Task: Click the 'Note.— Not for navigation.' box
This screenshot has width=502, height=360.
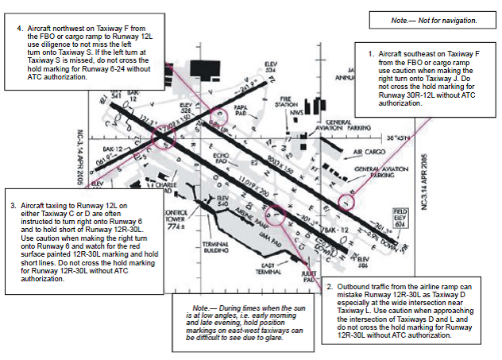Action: [434, 19]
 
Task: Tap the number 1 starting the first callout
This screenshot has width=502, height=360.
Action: [370, 53]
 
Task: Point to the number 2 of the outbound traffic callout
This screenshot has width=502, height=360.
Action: [330, 285]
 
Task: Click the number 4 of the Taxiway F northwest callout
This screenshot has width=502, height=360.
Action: [21, 26]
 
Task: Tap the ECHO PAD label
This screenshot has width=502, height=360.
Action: [222, 158]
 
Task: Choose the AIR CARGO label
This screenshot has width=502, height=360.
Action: [369, 151]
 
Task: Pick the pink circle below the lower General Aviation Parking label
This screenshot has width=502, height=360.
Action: [345, 202]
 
